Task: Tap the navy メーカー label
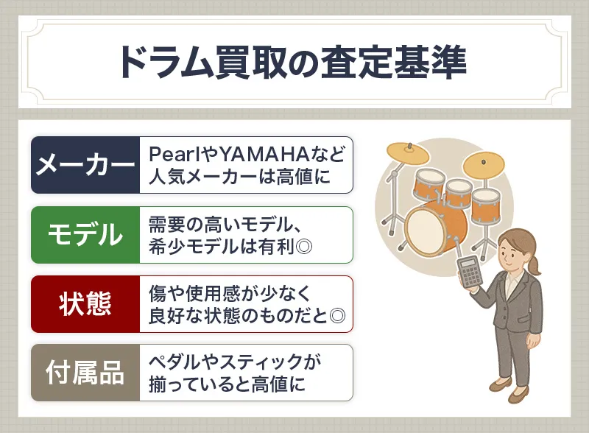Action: point(85,165)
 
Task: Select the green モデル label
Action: point(85,235)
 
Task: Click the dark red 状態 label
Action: point(85,304)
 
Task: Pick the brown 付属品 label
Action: point(85,373)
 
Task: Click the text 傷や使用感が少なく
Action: point(228,292)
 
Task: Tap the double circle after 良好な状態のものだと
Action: point(338,315)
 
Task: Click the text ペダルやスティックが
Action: point(235,362)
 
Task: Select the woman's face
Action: point(515,250)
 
